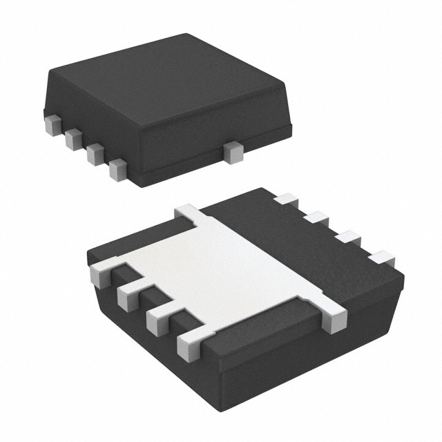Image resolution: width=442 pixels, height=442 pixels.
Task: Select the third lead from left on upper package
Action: (x=95, y=154)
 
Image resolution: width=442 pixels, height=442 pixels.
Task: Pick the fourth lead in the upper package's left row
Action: (x=118, y=169)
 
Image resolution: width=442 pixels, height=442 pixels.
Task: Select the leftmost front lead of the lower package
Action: (x=102, y=274)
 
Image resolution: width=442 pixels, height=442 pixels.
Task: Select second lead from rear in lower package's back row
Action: (x=316, y=218)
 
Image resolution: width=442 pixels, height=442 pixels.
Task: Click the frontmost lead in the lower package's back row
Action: (x=381, y=258)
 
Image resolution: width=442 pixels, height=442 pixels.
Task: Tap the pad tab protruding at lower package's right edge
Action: (x=334, y=319)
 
